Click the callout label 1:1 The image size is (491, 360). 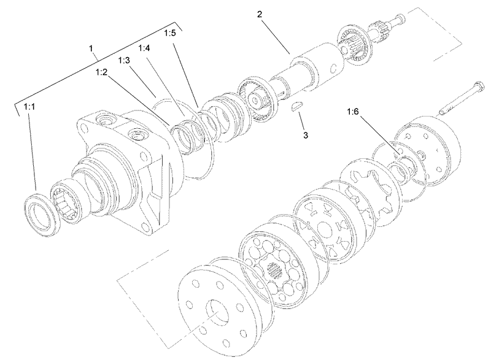coord(29,107)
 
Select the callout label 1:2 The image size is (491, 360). coord(102,72)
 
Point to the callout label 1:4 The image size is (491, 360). coord(145,48)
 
